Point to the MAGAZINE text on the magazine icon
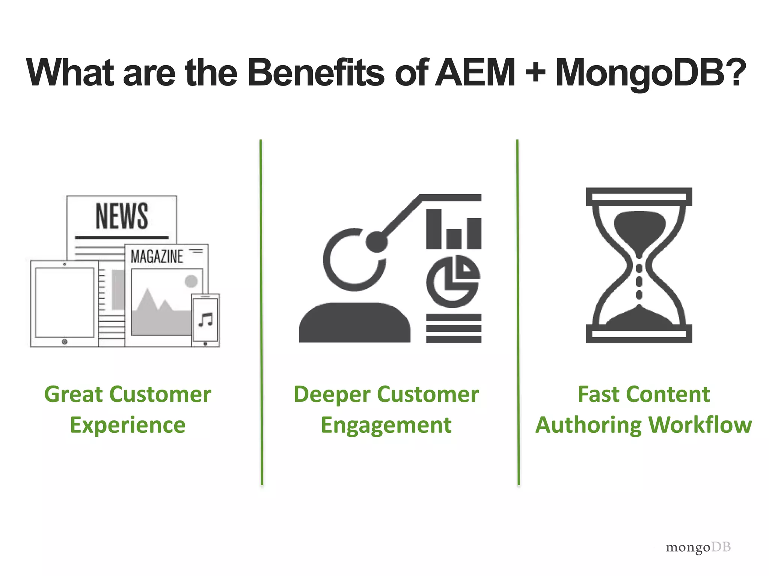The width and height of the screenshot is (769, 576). pyautogui.click(x=157, y=257)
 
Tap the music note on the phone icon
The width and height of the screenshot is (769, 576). pyautogui.click(x=205, y=319)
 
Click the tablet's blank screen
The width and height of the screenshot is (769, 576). pyautogui.click(x=65, y=302)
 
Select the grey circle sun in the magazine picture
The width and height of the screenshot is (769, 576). pyautogui.click(x=191, y=281)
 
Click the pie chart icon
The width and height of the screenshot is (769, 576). pyautogui.click(x=453, y=281)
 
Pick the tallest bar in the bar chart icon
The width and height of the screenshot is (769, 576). pyautogui.click(x=434, y=229)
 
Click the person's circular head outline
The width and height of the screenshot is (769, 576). pyautogui.click(x=354, y=260)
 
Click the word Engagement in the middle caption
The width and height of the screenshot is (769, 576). pyautogui.click(x=386, y=425)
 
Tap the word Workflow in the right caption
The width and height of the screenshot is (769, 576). pyautogui.click(x=700, y=425)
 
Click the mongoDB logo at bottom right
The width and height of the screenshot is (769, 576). pyautogui.click(x=698, y=547)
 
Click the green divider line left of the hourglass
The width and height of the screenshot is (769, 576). pyautogui.click(x=518, y=311)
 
